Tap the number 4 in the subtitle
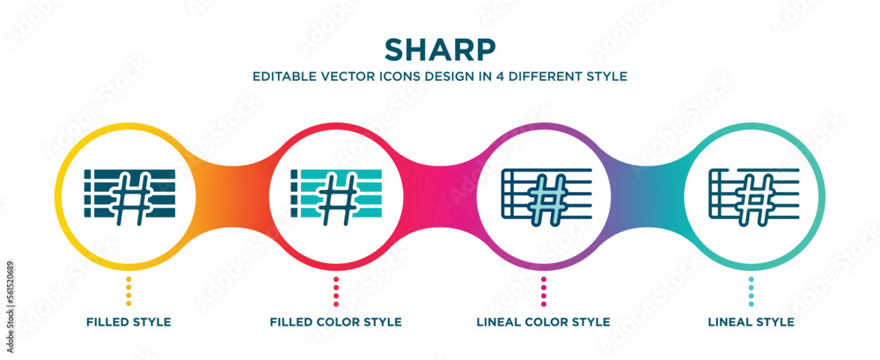coord(511,77)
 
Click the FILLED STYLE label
coord(128,322)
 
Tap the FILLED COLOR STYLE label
coord(336,322)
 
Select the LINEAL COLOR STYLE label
coord(544,322)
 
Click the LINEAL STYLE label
coord(751,322)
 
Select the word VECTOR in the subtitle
coord(348,77)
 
